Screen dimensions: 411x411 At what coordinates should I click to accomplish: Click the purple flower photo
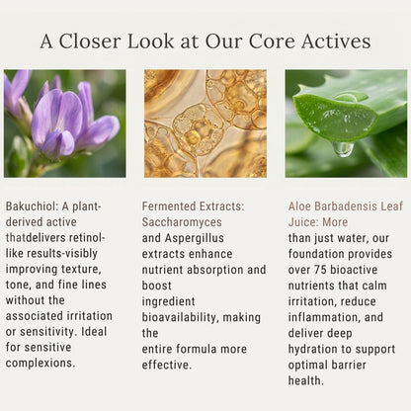(x=65, y=123)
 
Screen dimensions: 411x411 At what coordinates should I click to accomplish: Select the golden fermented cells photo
(x=205, y=123)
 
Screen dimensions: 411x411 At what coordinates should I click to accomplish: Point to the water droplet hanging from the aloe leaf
(x=343, y=149)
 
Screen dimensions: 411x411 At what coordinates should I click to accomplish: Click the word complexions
(x=41, y=363)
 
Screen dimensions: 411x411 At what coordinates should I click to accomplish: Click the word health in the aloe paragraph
(x=305, y=380)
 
